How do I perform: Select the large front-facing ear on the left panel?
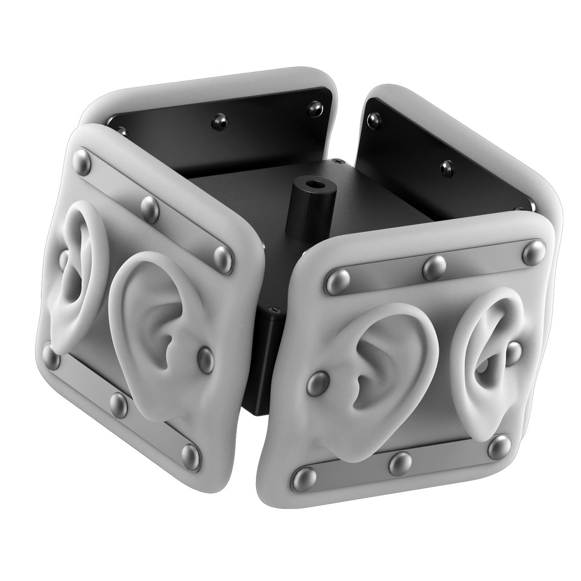click(153, 334)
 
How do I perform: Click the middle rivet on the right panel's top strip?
click(435, 267)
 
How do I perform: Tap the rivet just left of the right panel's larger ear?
click(318, 384)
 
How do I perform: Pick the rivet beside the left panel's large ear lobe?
click(206, 358)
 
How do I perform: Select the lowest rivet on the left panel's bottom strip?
click(190, 456)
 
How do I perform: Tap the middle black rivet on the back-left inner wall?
click(218, 120)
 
